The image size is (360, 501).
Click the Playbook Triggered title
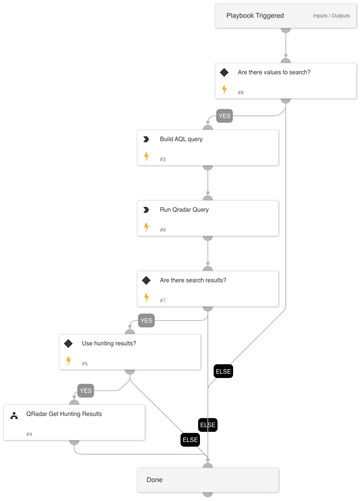click(x=255, y=16)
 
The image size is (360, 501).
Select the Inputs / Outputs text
click(x=331, y=16)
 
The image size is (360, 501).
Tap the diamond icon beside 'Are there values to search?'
click(x=224, y=72)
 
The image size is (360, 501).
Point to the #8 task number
click(x=241, y=92)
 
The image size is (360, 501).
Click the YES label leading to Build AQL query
click(x=225, y=116)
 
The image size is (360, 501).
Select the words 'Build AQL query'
click(x=181, y=139)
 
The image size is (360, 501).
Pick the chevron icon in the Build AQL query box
click(x=146, y=139)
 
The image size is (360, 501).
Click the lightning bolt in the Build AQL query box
click(x=147, y=157)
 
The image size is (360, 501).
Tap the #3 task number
click(x=163, y=159)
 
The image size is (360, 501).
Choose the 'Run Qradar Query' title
click(x=184, y=210)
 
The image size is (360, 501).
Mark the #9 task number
click(x=163, y=230)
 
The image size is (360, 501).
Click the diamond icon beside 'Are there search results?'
click(x=146, y=280)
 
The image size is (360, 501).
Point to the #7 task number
click(x=163, y=300)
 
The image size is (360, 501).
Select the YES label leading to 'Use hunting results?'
click(x=146, y=321)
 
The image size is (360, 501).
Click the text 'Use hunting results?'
click(x=109, y=344)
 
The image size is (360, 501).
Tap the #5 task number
click(x=85, y=364)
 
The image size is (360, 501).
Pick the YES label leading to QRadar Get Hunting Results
click(x=86, y=391)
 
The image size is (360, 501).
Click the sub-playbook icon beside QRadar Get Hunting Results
click(x=14, y=416)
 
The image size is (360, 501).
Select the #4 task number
click(x=29, y=434)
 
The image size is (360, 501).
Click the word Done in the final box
click(x=154, y=480)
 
